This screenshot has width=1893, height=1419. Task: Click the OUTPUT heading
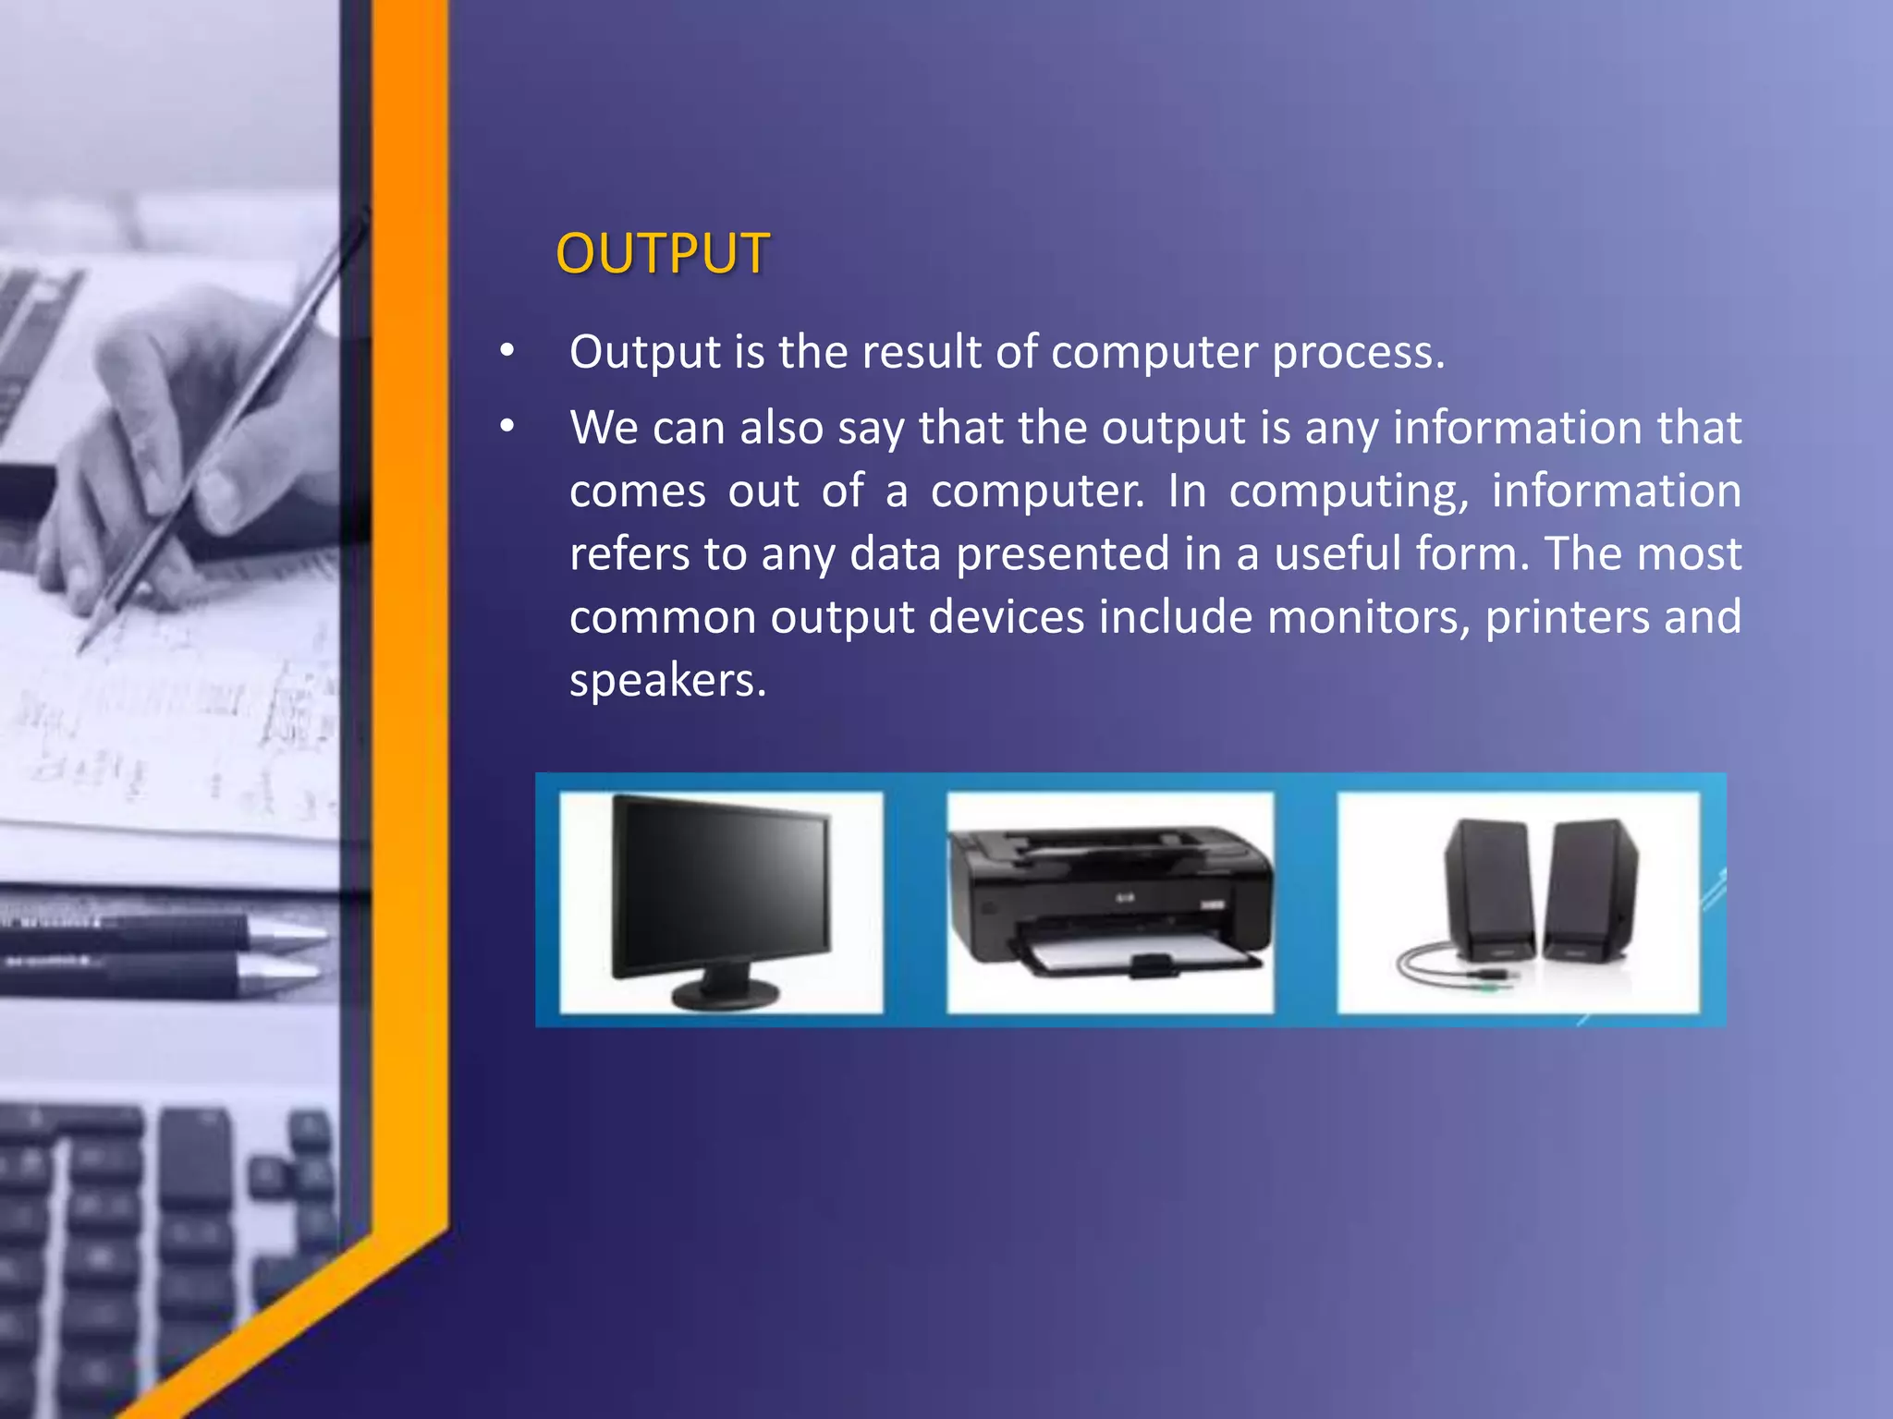click(662, 253)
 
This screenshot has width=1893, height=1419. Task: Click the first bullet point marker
click(507, 352)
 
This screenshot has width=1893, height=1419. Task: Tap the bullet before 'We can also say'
click(507, 427)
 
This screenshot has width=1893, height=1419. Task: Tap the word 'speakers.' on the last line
click(667, 681)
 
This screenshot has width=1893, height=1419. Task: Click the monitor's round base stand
click(726, 994)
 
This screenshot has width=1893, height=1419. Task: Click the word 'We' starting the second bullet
click(602, 428)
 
